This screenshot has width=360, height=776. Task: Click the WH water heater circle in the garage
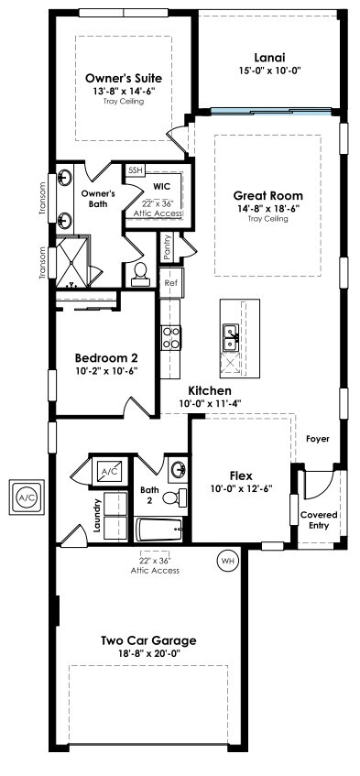point(227,561)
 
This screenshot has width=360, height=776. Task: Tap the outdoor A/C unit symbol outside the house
point(27,497)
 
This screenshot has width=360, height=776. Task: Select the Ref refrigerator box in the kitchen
point(170,283)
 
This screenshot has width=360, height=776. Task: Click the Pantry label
point(167,247)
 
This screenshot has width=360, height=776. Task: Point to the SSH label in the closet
point(135,170)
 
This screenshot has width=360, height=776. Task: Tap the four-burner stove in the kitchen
point(170,338)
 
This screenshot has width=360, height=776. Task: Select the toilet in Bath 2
point(174,497)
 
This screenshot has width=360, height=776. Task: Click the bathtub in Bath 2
point(159,530)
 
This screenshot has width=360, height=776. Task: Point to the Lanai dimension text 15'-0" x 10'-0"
point(269,71)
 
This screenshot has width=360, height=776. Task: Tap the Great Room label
point(268,196)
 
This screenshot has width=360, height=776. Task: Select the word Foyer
point(318,439)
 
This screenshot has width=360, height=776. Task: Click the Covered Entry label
point(319,520)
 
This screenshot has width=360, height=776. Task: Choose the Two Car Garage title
point(148,641)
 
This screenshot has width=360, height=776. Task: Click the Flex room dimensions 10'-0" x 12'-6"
point(241,488)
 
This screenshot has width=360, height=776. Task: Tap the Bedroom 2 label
point(106,357)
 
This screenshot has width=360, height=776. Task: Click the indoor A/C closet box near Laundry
point(109,471)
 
